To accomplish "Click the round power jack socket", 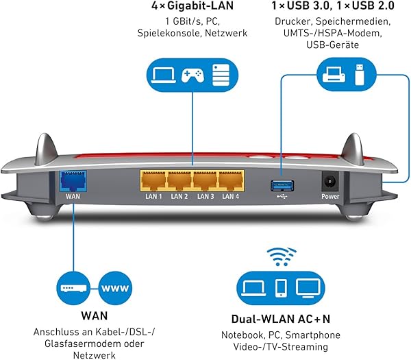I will (x=330, y=182).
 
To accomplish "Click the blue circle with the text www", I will (x=114, y=287).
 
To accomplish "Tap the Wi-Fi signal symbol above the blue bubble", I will (x=282, y=256).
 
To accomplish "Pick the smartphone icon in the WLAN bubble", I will (x=282, y=287).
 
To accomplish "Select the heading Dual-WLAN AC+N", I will (x=281, y=320).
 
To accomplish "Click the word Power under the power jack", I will (x=330, y=197).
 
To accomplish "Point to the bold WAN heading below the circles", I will (x=94, y=317).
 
